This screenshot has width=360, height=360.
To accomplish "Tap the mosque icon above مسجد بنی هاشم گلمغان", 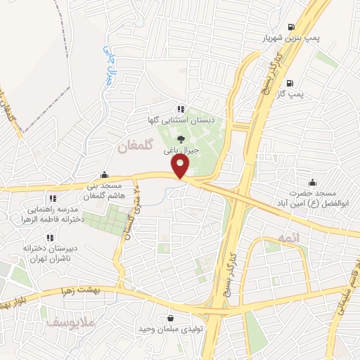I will (105, 175).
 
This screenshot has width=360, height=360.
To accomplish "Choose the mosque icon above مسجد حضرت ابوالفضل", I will (312, 181).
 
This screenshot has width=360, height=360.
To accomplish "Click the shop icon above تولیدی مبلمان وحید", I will (171, 318).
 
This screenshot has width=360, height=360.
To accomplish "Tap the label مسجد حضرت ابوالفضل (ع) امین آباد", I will (312, 198).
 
